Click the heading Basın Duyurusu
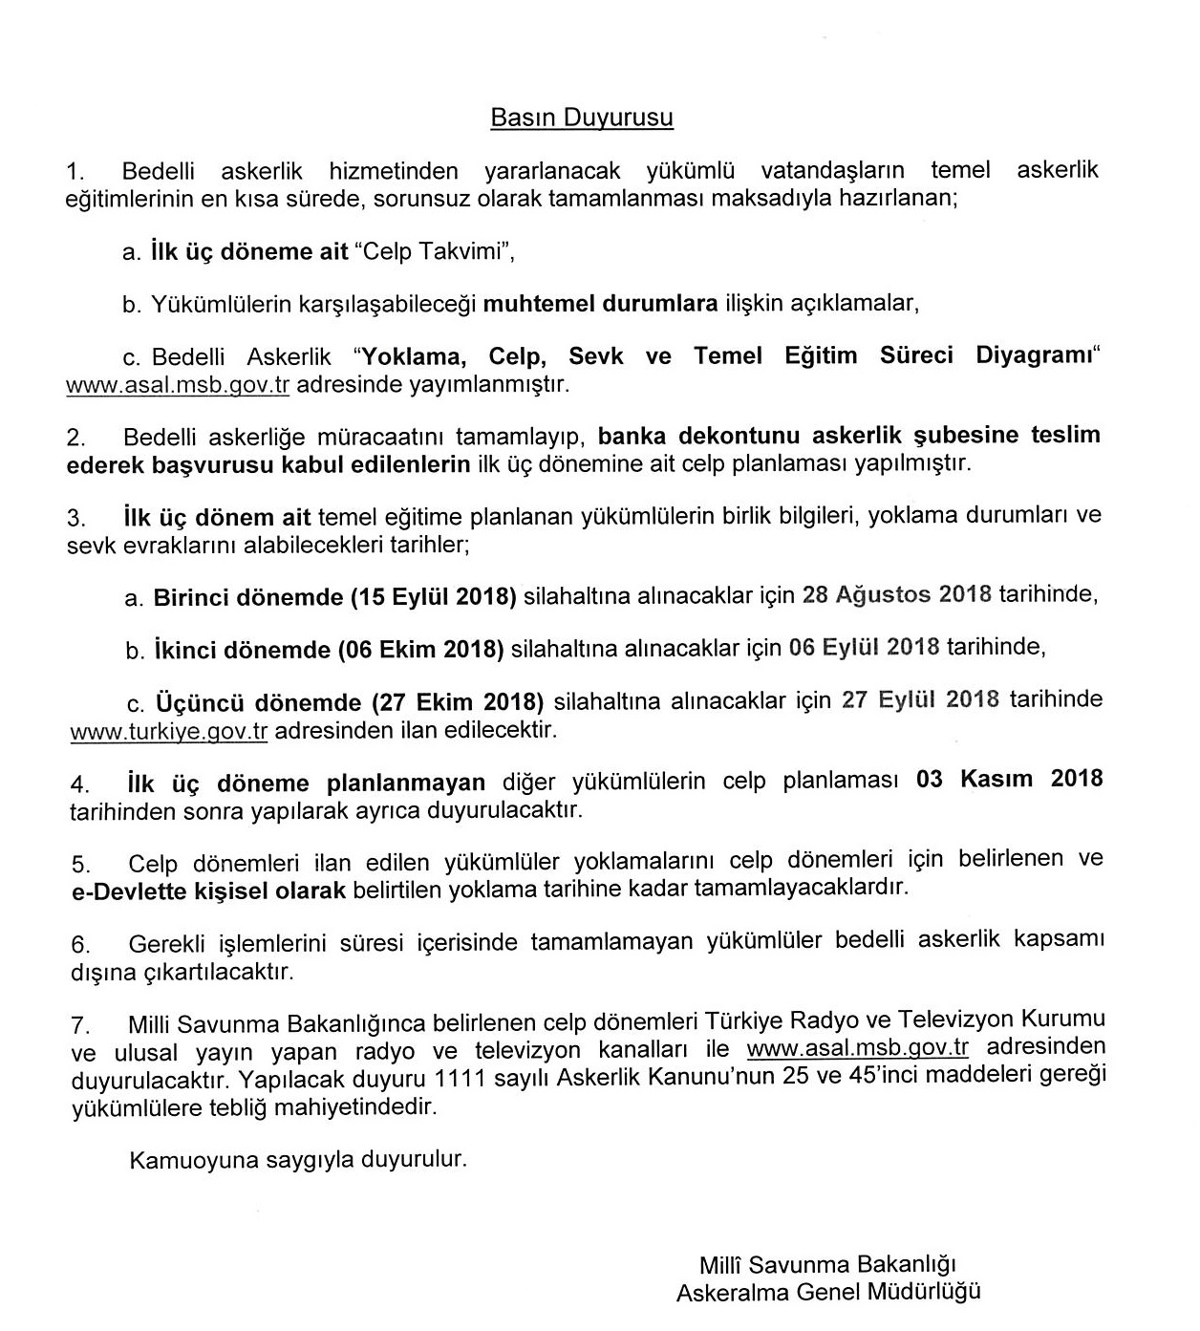coord(581,118)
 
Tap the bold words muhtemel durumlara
coord(600,304)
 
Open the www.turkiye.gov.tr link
coord(168,732)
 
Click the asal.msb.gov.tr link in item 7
coord(857,1047)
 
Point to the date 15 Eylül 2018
coord(434,597)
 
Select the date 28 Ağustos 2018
coord(897,594)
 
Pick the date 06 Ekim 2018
coord(420,650)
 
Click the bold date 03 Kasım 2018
coord(1009,779)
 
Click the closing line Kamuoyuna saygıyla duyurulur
coord(298,1160)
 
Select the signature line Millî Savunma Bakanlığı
coord(827,1265)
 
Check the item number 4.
coord(79,784)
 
